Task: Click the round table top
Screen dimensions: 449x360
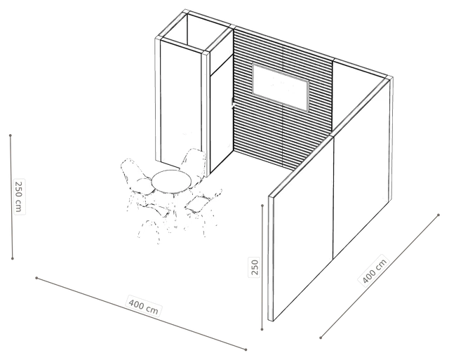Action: tap(171, 181)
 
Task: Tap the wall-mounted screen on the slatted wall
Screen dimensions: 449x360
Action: tap(281, 87)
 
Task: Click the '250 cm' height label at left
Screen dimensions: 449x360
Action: tap(19, 196)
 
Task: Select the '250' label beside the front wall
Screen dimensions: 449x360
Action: tap(254, 267)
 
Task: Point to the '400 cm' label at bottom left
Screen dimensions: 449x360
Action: tap(143, 307)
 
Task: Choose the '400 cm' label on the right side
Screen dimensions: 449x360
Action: tap(374, 270)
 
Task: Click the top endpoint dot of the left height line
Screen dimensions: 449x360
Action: tap(11, 135)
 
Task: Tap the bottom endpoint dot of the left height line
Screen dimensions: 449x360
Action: tap(13, 259)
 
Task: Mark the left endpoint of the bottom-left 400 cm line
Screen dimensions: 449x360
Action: tap(36, 278)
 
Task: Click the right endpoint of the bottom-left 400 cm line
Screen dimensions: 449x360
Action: tap(246, 349)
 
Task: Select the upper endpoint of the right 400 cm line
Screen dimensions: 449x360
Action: tap(438, 215)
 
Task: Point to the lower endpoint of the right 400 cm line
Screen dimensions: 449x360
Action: tap(321, 338)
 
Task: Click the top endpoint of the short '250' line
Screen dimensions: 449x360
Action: tap(262, 206)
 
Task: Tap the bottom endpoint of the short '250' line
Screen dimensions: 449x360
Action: tap(262, 330)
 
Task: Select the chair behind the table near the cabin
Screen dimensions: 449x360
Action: tap(194, 166)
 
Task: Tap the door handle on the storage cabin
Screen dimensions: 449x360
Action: tap(232, 104)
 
